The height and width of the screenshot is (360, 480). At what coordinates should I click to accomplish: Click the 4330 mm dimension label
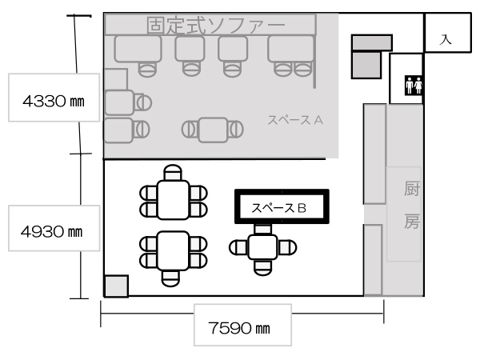pos(54,101)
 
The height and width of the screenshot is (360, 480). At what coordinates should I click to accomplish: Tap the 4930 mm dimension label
pos(52,231)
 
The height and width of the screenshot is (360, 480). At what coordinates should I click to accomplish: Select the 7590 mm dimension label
pos(239,328)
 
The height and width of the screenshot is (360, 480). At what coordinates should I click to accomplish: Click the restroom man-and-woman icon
pos(414,85)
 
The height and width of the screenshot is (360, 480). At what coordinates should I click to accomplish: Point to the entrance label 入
pos(446,39)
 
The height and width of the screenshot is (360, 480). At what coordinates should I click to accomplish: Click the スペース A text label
pos(295,120)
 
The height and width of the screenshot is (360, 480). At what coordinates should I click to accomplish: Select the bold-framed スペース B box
pos(282,206)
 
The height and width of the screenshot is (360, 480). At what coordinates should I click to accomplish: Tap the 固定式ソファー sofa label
pos(216,25)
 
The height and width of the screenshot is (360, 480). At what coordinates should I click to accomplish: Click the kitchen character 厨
pos(411,188)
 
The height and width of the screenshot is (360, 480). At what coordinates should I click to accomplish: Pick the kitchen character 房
pos(411,221)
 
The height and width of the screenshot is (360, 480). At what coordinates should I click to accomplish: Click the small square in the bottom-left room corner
pos(116,286)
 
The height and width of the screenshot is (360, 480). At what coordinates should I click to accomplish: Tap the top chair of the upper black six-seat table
pos(173,173)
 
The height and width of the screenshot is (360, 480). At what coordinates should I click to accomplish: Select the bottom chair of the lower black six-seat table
pos(170,278)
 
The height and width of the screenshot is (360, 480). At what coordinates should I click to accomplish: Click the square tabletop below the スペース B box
pos(262,247)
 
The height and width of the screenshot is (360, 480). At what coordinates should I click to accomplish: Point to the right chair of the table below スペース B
pos(287,247)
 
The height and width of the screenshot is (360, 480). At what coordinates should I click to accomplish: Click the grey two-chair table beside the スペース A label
pos(213,130)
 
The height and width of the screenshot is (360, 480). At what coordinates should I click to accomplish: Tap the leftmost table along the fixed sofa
pos(138,49)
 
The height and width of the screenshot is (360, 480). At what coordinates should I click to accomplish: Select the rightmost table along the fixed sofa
pos(291,49)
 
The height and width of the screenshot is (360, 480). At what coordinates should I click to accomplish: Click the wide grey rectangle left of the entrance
pos(372,42)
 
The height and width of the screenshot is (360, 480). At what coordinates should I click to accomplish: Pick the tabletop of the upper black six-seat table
pos(173,200)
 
